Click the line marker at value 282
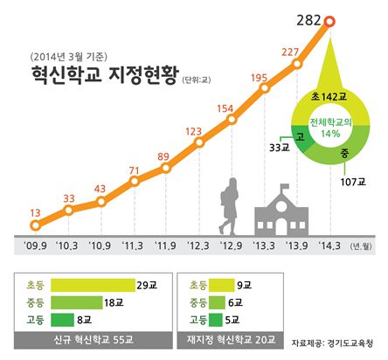tap(330, 22)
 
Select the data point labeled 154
tap(232, 119)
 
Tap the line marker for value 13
tap(35, 225)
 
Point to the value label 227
tap(290, 52)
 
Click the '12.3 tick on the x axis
tap(198, 246)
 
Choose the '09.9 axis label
tap(35, 246)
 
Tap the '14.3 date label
tap(329, 246)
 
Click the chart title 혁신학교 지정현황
tap(105, 74)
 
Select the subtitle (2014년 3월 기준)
tap(69, 57)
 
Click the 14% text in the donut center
tap(330, 134)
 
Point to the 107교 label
tap(353, 182)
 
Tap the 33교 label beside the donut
tap(280, 148)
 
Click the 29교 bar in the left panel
tap(93, 285)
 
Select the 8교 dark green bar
tap(62, 320)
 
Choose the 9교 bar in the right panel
tap(222, 285)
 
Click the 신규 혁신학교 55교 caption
tap(94, 340)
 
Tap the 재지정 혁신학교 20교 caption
tap(231, 340)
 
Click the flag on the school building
tap(285, 186)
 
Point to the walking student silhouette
tap(229, 206)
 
